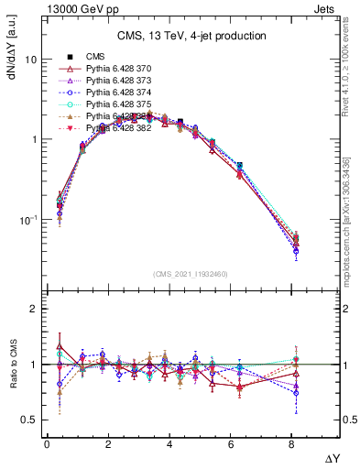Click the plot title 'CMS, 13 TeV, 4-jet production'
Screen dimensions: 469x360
click(191, 37)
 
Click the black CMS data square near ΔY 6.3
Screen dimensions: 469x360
click(240, 166)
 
